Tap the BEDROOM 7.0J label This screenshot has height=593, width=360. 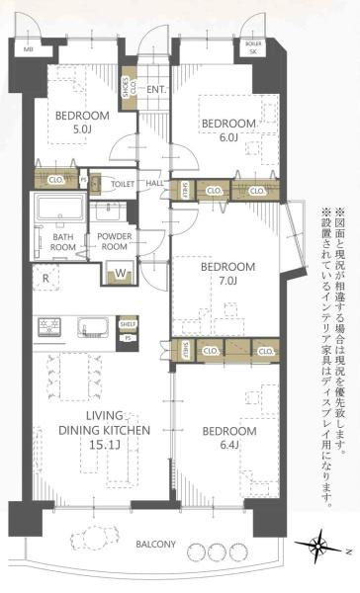coord(227,273)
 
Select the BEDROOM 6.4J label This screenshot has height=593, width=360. coord(227,438)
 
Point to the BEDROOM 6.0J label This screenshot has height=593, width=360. coord(228,128)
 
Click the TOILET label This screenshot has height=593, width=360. coord(123,184)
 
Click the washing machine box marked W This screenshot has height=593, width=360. coord(120,274)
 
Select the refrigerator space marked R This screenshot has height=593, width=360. coord(46,277)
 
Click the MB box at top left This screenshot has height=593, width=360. coord(28,47)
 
